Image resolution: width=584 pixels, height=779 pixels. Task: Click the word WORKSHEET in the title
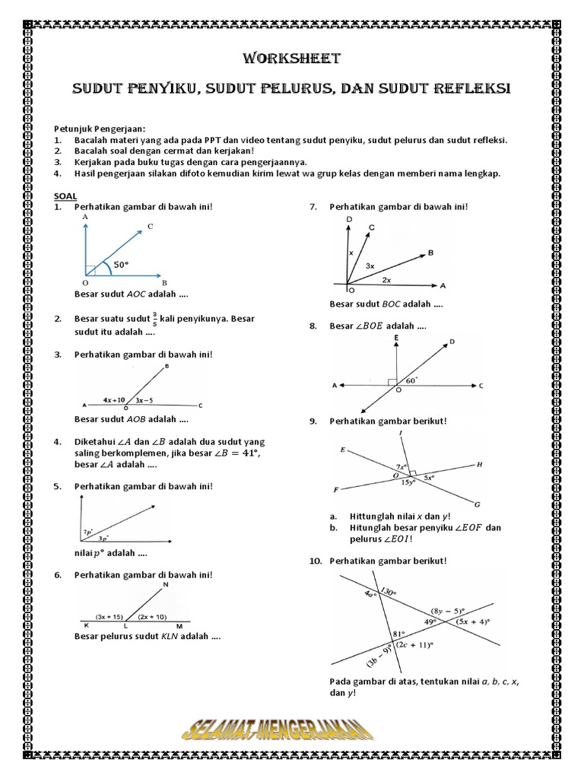pos(291,59)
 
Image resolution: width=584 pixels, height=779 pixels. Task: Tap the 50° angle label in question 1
pos(122,265)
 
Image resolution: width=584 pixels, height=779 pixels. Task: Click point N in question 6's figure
pos(167,584)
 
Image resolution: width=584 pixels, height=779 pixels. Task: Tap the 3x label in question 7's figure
pos(370,266)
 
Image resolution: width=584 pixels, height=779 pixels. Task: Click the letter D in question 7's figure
pos(348,219)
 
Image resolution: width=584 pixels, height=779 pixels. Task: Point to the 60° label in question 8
pos(412,380)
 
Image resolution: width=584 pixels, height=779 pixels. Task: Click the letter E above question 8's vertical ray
pos(396,337)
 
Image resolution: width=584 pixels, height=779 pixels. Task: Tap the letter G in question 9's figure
pos(477,504)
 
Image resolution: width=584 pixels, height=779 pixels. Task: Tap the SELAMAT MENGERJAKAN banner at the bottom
pos(278,732)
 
